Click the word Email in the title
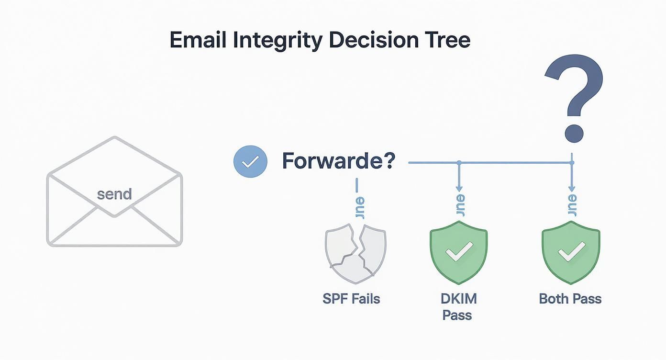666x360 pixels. pos(198,40)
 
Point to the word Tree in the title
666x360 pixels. pos(447,40)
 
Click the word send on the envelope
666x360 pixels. pos(114,194)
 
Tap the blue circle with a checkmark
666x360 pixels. pos(249,162)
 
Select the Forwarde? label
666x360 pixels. pos(338,161)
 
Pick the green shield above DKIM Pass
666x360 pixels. pos(458,254)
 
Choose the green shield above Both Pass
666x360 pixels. pos(570,254)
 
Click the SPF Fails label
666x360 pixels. pos(351,299)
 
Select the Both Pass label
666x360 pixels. pos(570,299)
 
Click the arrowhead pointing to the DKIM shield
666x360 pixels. pos(458,190)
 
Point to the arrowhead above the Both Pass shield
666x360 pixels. pos(571,190)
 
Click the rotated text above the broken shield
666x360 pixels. pos(360,208)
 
